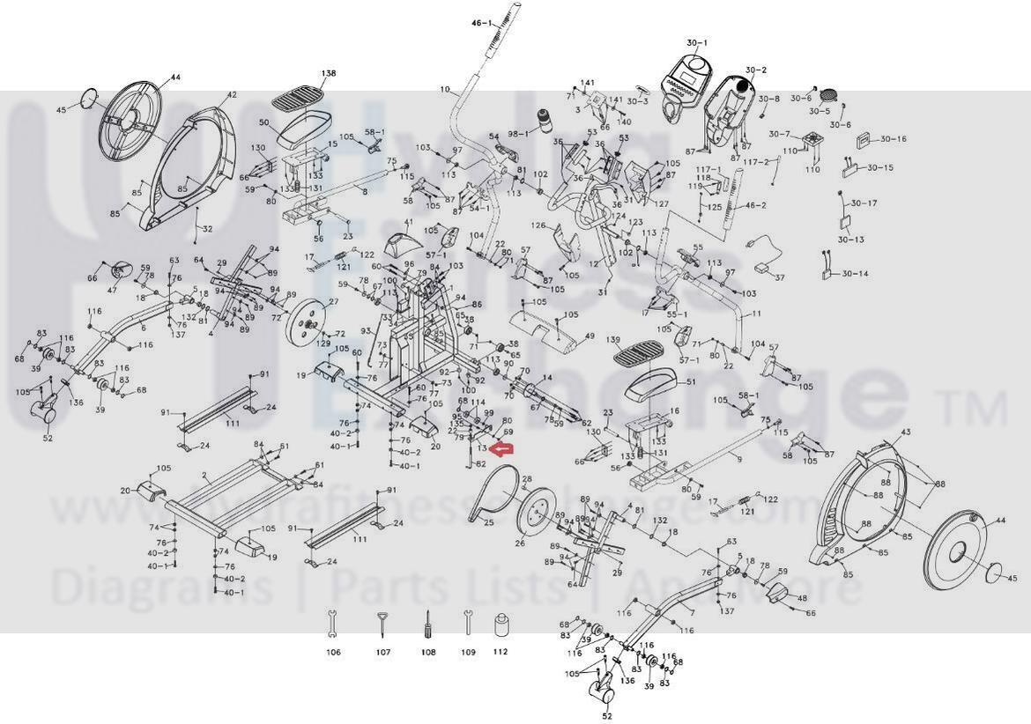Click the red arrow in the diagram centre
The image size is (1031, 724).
coord(502,450)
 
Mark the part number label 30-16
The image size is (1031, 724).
coord(892,139)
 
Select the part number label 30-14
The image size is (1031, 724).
coord(854,274)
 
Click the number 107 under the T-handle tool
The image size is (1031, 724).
coord(382,653)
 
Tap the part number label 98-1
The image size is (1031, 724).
coord(516,133)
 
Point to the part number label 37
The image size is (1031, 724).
coord(779,277)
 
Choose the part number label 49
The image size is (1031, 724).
coord(590,336)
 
